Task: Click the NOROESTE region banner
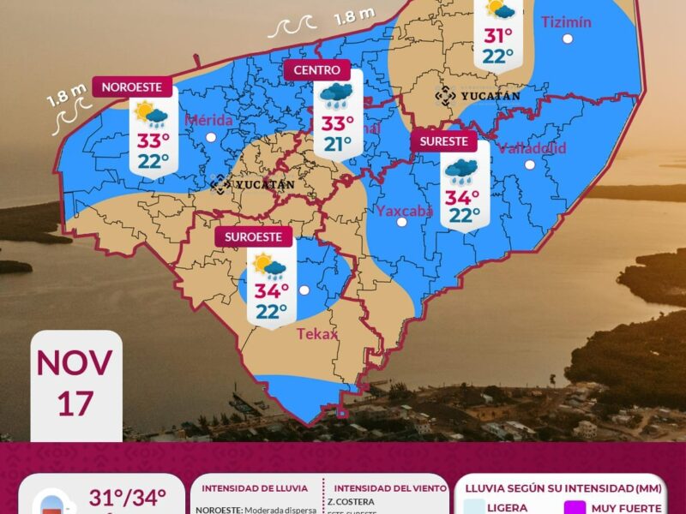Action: (x=136, y=87)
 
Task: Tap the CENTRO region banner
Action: (x=316, y=70)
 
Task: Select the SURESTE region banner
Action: (x=443, y=141)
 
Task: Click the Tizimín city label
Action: (x=566, y=22)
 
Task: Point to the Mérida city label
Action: (x=208, y=120)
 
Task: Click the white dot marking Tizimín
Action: (x=567, y=39)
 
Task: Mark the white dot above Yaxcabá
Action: (x=401, y=223)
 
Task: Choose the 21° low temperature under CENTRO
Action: (x=338, y=144)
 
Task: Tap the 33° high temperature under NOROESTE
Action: (x=153, y=140)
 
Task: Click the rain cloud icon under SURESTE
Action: (x=462, y=170)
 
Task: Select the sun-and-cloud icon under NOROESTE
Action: (x=152, y=113)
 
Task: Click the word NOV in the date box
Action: (x=75, y=362)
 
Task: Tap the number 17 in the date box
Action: (x=75, y=402)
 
